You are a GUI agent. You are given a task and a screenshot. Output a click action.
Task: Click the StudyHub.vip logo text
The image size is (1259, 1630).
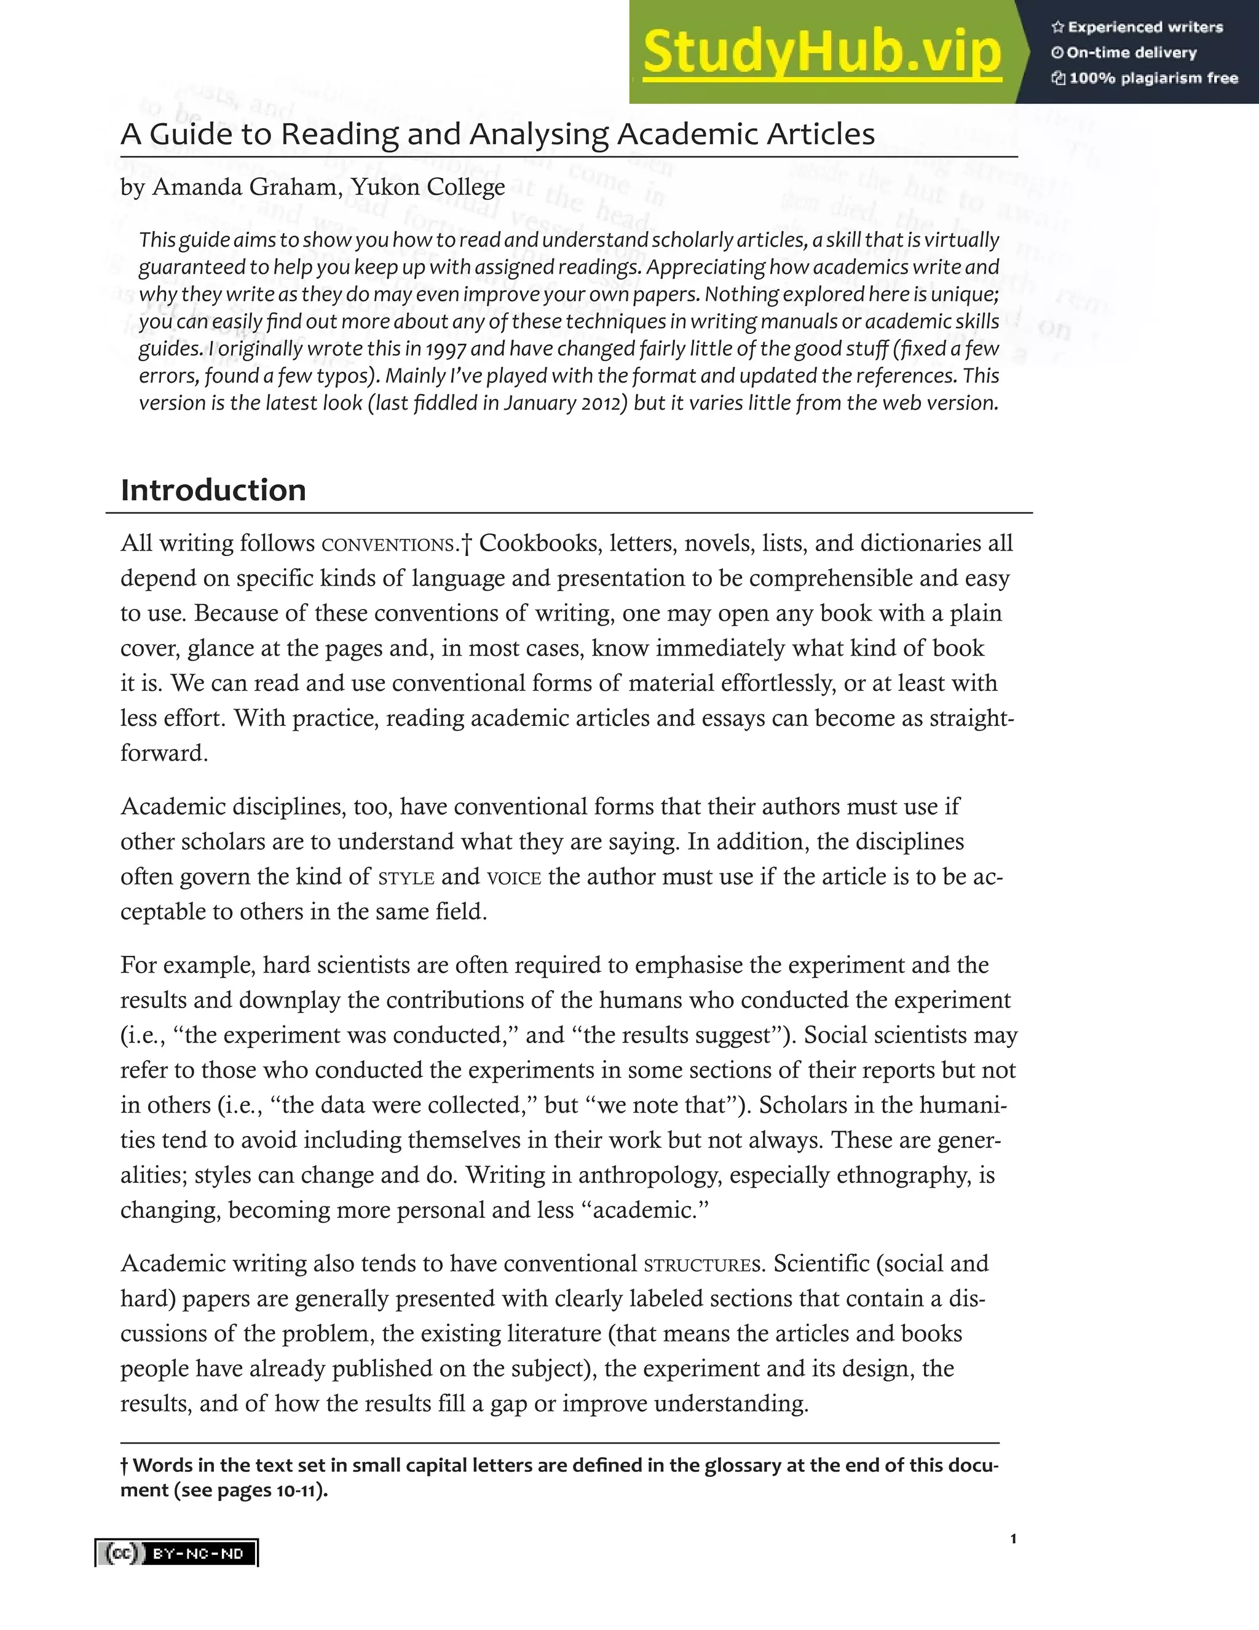click(821, 52)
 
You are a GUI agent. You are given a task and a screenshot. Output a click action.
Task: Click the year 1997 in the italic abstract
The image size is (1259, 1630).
click(447, 349)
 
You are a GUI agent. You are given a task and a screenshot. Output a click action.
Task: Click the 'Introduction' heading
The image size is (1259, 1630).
click(213, 490)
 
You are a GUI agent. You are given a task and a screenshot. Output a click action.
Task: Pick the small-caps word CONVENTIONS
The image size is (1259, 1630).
click(388, 545)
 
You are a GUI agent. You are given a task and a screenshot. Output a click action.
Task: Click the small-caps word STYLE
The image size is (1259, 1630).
click(406, 878)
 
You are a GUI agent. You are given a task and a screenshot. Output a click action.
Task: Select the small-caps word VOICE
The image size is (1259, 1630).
click(514, 878)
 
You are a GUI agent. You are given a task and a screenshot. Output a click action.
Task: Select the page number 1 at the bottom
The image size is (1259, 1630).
click(1013, 1538)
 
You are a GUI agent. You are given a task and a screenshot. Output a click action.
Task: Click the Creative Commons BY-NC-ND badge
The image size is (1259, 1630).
click(177, 1553)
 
